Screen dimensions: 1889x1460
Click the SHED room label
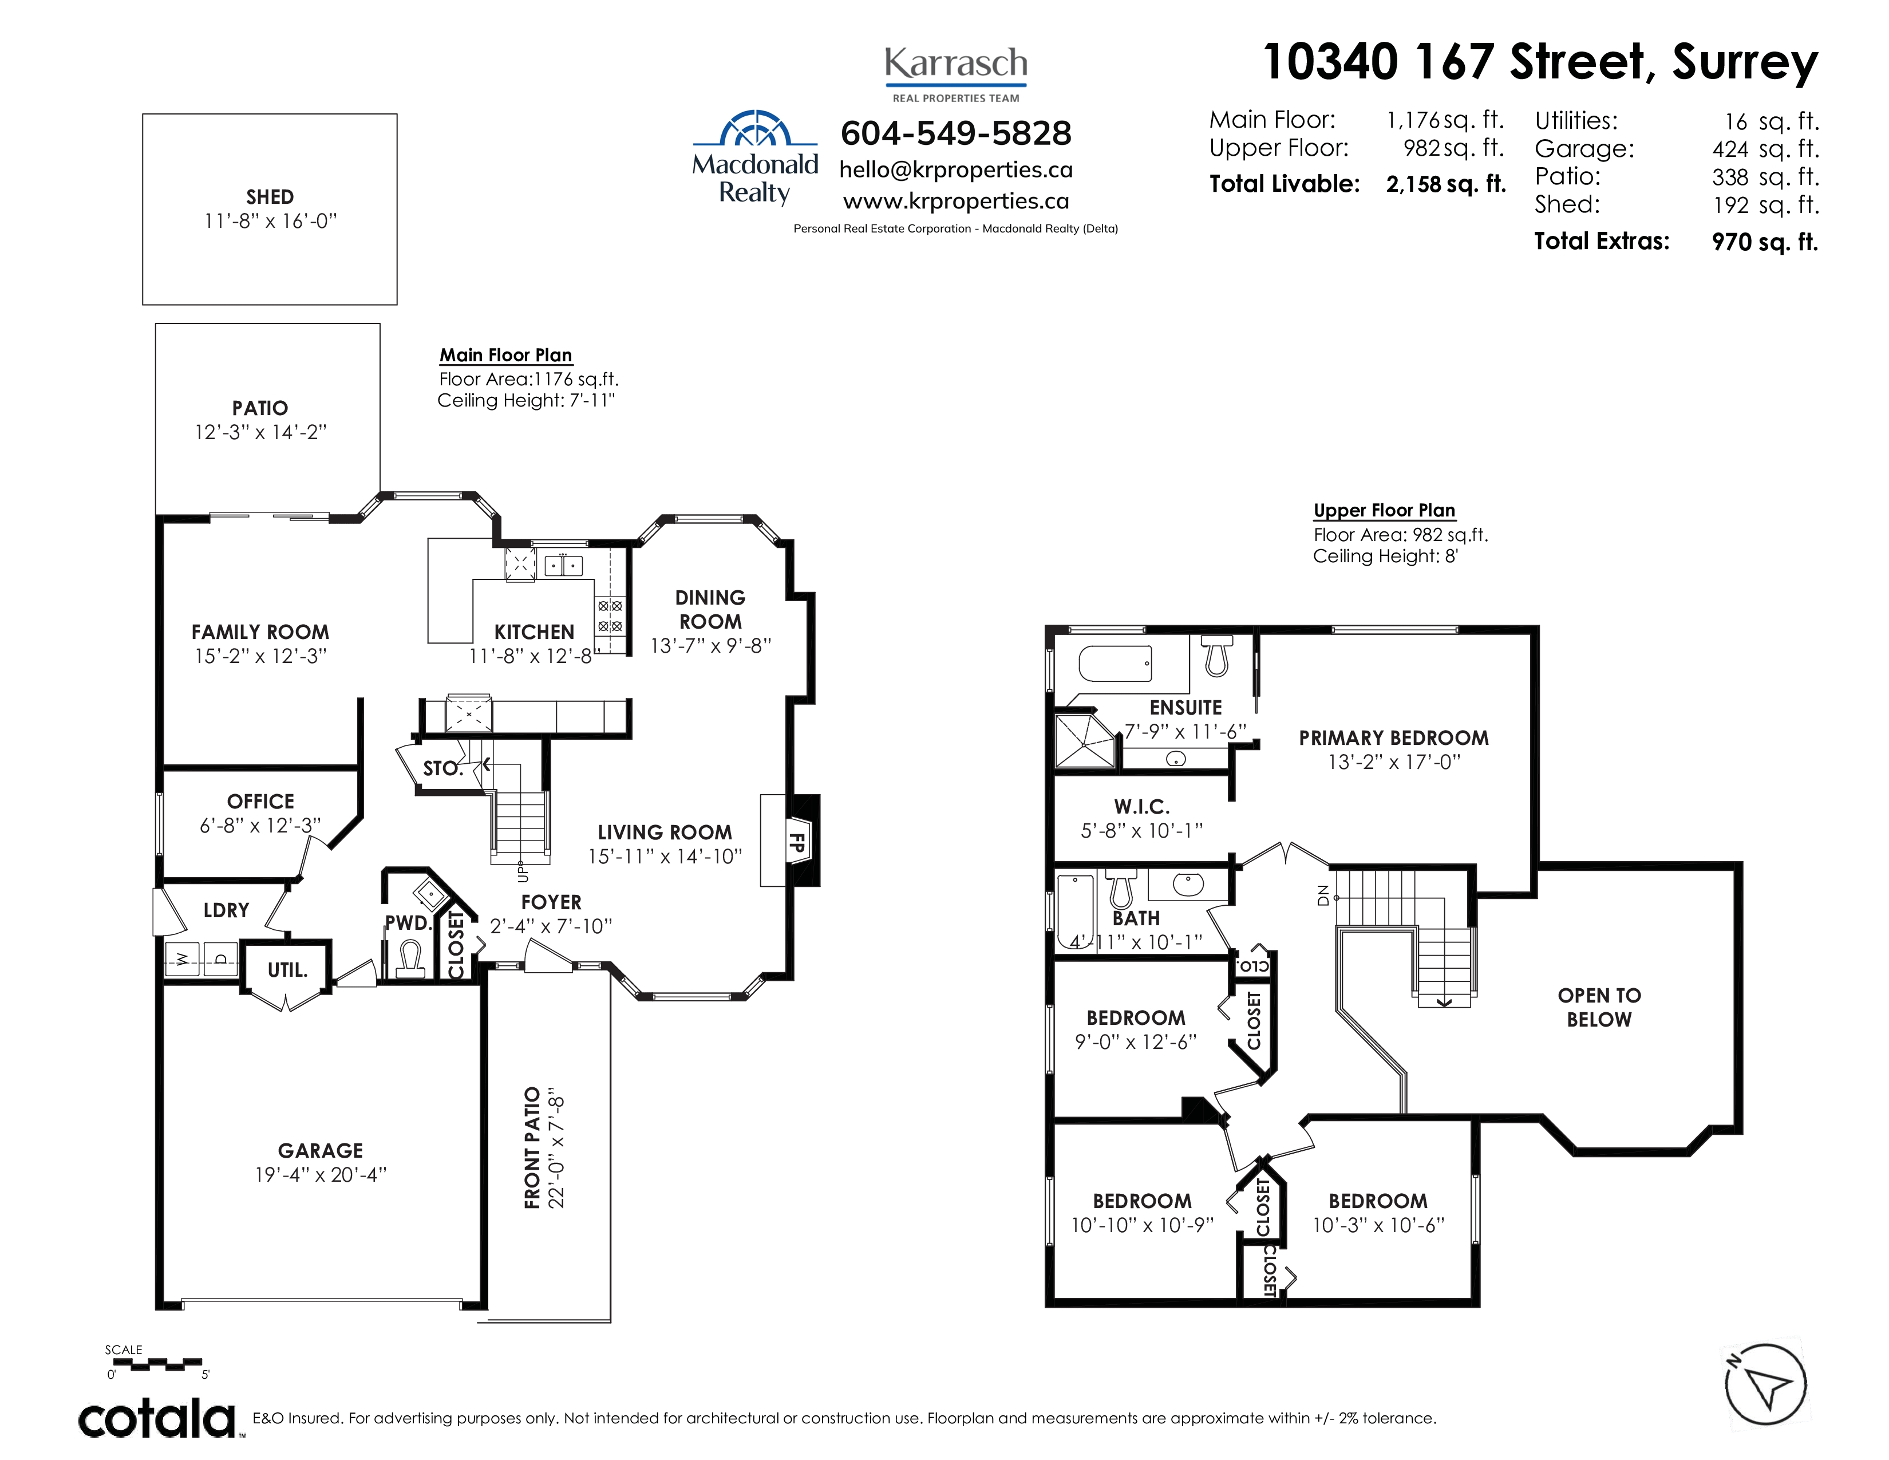(x=269, y=197)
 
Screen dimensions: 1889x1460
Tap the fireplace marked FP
(x=801, y=841)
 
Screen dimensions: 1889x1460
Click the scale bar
(x=157, y=1364)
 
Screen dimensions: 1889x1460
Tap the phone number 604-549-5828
(x=956, y=133)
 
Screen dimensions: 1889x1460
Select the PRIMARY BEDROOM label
(x=1393, y=738)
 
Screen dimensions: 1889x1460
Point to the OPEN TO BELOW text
(x=1599, y=1008)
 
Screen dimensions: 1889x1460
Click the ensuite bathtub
(x=1115, y=664)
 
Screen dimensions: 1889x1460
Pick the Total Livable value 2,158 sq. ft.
(x=1446, y=184)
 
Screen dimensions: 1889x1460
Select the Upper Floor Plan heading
(x=1384, y=510)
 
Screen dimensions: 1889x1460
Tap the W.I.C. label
(x=1142, y=807)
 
